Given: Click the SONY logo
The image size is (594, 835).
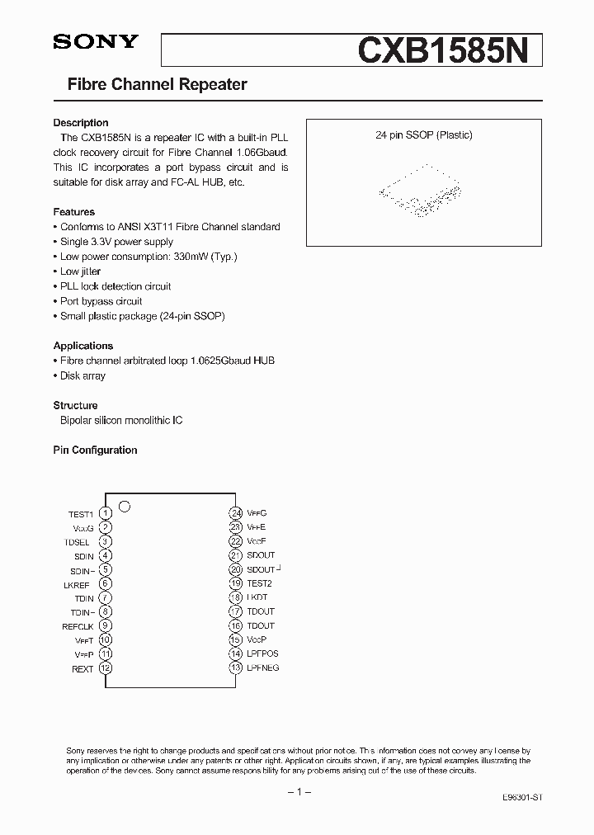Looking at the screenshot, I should (x=96, y=43).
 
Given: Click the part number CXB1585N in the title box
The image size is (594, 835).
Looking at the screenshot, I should (x=449, y=51).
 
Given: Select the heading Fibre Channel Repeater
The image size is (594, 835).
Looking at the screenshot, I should (x=157, y=85).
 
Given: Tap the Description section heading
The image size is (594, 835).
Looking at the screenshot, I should (x=81, y=123).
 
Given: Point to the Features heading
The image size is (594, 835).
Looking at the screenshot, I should (x=74, y=212).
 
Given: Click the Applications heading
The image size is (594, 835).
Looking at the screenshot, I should (x=83, y=346).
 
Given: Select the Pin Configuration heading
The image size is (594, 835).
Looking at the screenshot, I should (x=95, y=451).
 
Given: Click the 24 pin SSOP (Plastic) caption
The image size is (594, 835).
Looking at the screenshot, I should (x=424, y=135).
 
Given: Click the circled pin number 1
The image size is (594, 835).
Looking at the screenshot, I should (x=106, y=513).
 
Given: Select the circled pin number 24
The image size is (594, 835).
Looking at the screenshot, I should (x=235, y=513).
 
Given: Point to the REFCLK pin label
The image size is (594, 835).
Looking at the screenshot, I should (x=79, y=626).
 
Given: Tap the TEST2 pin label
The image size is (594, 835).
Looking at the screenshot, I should (x=259, y=583).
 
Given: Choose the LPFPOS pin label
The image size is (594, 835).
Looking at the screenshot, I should (x=262, y=653).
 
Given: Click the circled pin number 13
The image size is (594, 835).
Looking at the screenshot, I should (x=235, y=668).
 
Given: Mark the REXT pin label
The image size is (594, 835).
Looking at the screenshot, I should (x=82, y=669).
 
